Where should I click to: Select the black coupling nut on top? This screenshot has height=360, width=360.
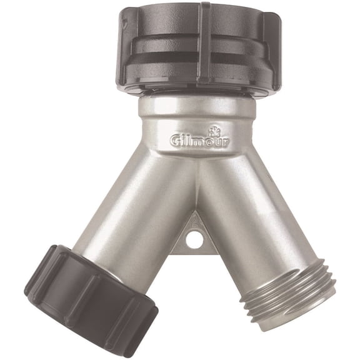click(200, 47)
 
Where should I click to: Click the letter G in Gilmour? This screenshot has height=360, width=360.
click(176, 141)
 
